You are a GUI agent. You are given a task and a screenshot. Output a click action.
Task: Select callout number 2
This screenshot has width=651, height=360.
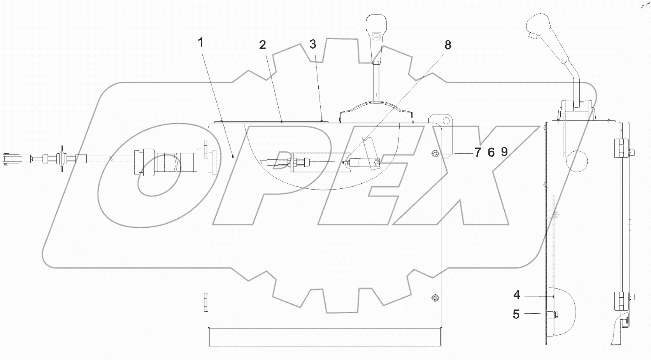pyautogui.click(x=263, y=45)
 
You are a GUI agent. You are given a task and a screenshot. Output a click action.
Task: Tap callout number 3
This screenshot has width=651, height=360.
pyautogui.click(x=313, y=44)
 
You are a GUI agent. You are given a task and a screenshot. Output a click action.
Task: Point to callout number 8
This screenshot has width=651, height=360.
pyautogui.click(x=448, y=45)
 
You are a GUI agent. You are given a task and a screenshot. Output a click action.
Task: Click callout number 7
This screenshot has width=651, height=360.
pyautogui.click(x=478, y=153)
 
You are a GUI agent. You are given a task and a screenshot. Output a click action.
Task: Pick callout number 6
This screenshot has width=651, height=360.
pyautogui.click(x=491, y=153)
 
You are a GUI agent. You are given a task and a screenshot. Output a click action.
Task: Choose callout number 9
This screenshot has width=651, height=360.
pyautogui.click(x=504, y=152)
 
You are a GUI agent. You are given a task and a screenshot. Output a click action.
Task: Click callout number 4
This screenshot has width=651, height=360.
pyautogui.click(x=517, y=295)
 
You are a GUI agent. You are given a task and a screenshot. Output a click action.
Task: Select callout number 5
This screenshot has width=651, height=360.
pyautogui.click(x=516, y=314)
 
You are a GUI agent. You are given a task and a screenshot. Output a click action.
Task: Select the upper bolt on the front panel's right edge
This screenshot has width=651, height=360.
pyautogui.click(x=435, y=154)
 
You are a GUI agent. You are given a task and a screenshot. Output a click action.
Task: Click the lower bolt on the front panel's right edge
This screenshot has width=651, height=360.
pyautogui.click(x=435, y=298)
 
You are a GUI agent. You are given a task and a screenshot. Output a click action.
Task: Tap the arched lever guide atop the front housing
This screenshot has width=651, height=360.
pyautogui.click(x=376, y=112)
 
